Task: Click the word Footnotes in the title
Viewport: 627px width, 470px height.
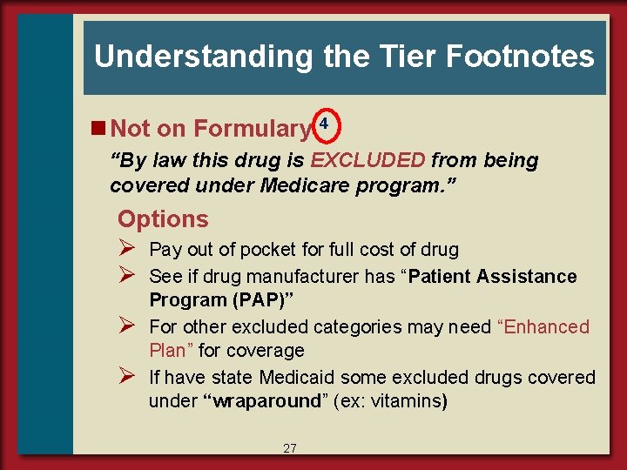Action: (520, 57)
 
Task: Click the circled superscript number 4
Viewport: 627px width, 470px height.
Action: (324, 124)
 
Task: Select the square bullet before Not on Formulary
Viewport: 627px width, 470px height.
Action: (100, 129)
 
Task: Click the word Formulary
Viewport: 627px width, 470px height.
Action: (252, 129)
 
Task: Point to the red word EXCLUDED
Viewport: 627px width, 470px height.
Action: (368, 160)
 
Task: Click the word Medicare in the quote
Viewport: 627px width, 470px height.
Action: (299, 185)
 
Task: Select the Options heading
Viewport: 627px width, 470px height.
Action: (163, 219)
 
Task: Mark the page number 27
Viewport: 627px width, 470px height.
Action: (290, 448)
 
